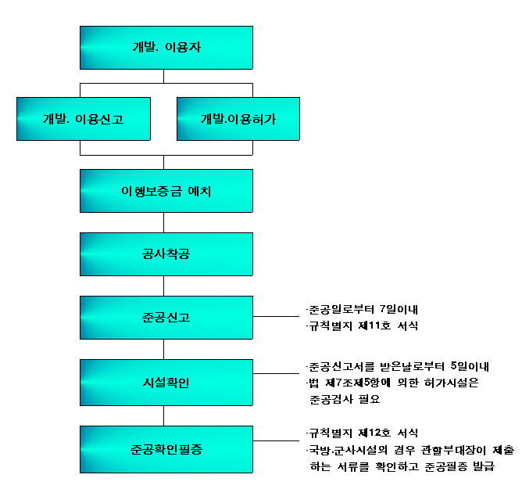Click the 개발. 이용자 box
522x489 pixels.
click(x=166, y=48)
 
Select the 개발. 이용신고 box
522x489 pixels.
click(x=84, y=119)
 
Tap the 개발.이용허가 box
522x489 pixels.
click(x=238, y=119)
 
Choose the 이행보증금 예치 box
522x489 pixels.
click(x=166, y=191)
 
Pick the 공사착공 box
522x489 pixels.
click(x=166, y=254)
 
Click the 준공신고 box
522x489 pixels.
click(x=166, y=318)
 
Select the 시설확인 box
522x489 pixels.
click(x=166, y=383)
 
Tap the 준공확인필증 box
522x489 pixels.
click(x=166, y=449)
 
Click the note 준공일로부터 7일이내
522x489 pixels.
click(x=363, y=309)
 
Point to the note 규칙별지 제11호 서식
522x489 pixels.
click(x=363, y=325)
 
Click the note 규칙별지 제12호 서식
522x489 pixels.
click(x=363, y=433)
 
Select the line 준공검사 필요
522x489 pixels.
click(x=345, y=399)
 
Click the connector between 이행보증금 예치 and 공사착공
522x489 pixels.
click(x=164, y=222)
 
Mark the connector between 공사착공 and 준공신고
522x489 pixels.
click(x=164, y=286)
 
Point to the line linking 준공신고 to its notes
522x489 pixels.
click(x=277, y=316)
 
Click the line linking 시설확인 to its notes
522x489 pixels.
click(x=277, y=373)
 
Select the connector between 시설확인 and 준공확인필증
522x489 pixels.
click(x=164, y=415)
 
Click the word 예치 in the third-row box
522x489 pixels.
click(x=199, y=192)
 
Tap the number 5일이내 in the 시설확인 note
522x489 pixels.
click(x=470, y=366)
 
